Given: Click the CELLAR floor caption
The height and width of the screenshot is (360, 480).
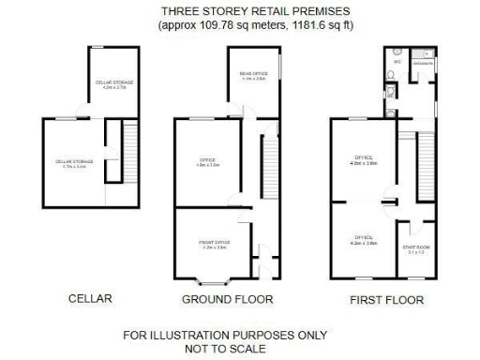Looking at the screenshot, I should [90, 299].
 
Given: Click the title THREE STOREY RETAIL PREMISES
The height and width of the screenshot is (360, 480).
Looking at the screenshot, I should [239, 11].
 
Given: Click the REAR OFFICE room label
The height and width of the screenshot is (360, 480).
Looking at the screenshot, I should [252, 76].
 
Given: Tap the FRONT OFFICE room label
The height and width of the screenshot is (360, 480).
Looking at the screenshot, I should [214, 245].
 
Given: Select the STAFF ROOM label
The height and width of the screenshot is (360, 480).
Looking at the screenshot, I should [416, 248].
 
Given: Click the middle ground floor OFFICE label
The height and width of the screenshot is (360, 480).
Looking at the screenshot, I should [208, 163].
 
